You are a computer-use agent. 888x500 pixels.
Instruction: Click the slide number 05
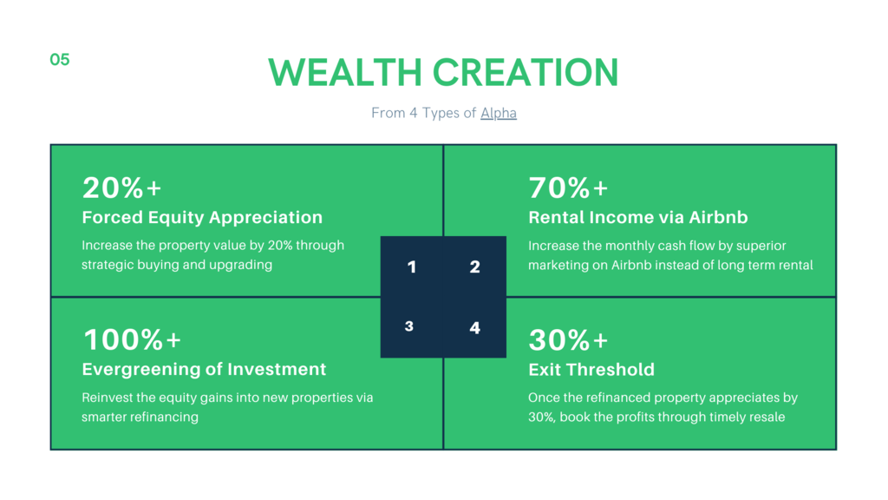tap(60, 60)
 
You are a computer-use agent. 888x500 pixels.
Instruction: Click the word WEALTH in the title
tap(345, 73)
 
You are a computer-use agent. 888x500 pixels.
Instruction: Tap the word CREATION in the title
tap(525, 73)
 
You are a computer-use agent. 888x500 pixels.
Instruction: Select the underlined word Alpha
tap(499, 113)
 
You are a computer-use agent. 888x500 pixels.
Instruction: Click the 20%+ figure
tap(121, 187)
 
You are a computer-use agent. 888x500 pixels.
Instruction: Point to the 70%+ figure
tap(568, 187)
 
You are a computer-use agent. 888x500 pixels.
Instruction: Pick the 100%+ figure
tap(132, 339)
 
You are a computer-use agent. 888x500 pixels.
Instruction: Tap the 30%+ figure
tap(568, 339)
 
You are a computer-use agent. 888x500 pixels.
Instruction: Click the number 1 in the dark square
tap(412, 267)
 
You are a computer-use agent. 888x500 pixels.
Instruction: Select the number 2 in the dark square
tap(474, 267)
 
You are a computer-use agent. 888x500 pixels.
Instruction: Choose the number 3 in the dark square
tap(409, 326)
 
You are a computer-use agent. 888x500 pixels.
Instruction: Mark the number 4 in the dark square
tap(474, 327)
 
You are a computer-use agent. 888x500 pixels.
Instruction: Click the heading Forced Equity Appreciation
tap(202, 218)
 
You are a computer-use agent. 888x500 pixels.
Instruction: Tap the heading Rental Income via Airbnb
tap(638, 218)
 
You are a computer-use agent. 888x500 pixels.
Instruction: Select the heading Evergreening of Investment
tap(204, 370)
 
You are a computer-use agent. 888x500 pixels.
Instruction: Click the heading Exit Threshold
tap(591, 370)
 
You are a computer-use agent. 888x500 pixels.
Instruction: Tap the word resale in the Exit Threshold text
tap(767, 418)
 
